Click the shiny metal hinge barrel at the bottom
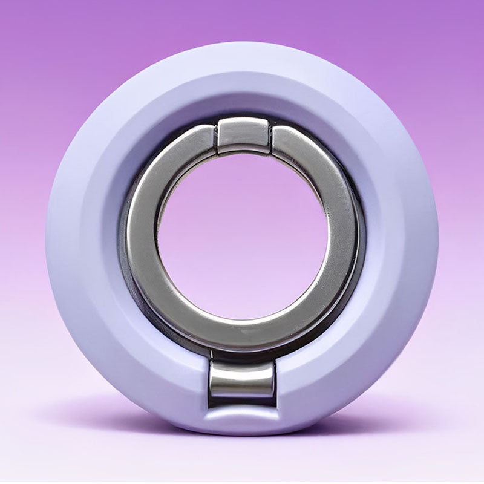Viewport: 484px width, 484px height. [x=242, y=381]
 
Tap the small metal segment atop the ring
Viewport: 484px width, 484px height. [x=243, y=134]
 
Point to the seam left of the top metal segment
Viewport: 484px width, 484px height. [x=216, y=137]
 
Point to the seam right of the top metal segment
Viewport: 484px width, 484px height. [x=270, y=137]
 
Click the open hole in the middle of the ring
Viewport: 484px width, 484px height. [x=242, y=242]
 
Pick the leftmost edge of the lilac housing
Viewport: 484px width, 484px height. [x=48, y=242]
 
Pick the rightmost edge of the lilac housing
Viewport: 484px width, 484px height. [x=436, y=242]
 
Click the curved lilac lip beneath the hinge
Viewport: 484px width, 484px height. [x=242, y=416]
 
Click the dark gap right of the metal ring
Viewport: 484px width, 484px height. [x=361, y=254]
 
